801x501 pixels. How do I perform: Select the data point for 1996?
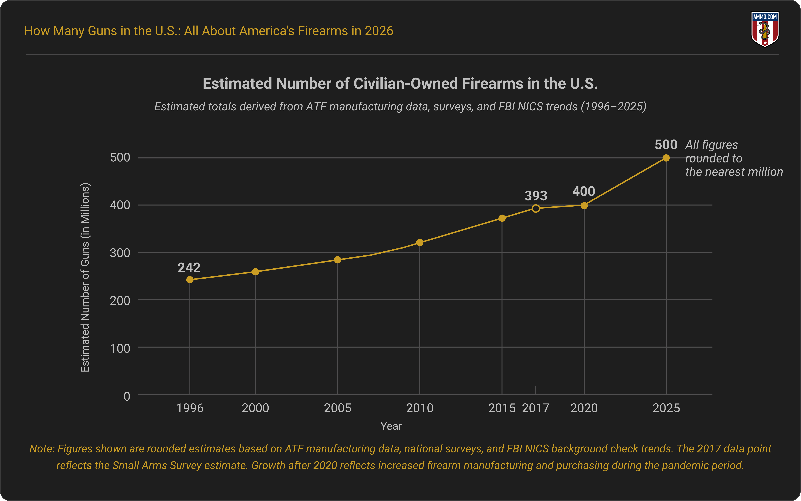(190, 280)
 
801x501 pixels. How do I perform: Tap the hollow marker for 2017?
(536, 208)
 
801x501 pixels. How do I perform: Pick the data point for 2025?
(666, 158)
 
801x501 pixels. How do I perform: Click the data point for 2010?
(420, 242)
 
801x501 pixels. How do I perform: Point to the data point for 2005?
(338, 260)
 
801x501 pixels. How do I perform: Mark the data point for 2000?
(255, 272)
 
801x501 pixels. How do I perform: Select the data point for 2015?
(502, 218)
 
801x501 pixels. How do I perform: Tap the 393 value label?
(536, 196)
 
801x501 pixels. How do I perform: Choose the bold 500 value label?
(666, 145)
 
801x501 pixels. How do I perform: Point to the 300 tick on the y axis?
(120, 253)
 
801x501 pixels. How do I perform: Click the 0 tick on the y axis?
(127, 396)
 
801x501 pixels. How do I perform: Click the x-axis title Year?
(391, 426)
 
